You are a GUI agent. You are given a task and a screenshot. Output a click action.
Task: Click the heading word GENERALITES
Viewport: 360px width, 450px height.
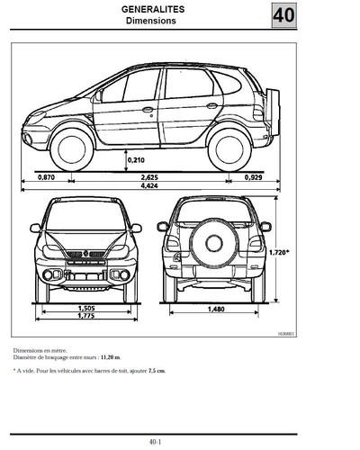pyautogui.click(x=153, y=9)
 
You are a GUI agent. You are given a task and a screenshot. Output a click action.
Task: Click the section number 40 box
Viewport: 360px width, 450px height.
pyautogui.click(x=284, y=15)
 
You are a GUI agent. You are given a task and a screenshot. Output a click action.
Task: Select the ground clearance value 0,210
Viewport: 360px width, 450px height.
pyautogui.click(x=136, y=160)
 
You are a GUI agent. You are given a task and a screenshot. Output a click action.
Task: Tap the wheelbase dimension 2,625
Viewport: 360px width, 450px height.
pyautogui.click(x=149, y=177)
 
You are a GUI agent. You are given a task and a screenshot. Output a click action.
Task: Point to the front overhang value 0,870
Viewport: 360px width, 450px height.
pyautogui.click(x=46, y=177)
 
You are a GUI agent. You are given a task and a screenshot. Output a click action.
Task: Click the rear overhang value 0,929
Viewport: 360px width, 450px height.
pyautogui.click(x=253, y=177)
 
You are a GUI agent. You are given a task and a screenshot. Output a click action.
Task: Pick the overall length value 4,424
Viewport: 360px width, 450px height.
pyautogui.click(x=149, y=185)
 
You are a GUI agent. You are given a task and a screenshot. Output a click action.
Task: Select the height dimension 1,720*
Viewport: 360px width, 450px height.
pyautogui.click(x=279, y=253)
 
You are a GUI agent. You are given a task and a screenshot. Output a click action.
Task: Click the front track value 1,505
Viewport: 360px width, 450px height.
pyautogui.click(x=86, y=308)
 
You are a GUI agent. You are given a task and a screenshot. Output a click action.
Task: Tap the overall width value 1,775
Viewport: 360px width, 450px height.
pyautogui.click(x=86, y=316)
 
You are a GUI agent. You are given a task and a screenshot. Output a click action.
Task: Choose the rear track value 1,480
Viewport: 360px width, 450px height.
pyautogui.click(x=216, y=309)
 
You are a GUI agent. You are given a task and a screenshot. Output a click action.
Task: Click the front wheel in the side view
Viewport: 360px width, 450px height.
pyautogui.click(x=72, y=149)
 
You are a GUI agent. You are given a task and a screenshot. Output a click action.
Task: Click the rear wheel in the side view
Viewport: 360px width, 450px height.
pyautogui.click(x=229, y=149)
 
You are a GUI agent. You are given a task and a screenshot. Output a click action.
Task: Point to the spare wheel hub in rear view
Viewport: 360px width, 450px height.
pyautogui.click(x=214, y=243)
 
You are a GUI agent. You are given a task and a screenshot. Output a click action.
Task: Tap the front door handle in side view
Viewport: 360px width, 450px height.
pyautogui.click(x=148, y=110)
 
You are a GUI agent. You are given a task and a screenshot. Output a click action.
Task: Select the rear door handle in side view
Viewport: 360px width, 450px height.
pyautogui.click(x=212, y=105)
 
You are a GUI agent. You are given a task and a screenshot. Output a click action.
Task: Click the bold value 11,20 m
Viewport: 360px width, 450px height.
pyautogui.click(x=111, y=357)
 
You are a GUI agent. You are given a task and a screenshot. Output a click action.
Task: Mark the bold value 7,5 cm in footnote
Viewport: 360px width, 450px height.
pyautogui.click(x=157, y=371)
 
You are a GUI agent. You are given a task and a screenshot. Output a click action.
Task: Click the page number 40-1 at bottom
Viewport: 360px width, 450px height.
pyautogui.click(x=155, y=442)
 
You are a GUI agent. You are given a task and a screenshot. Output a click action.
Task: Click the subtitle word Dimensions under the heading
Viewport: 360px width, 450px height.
pyautogui.click(x=151, y=21)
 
